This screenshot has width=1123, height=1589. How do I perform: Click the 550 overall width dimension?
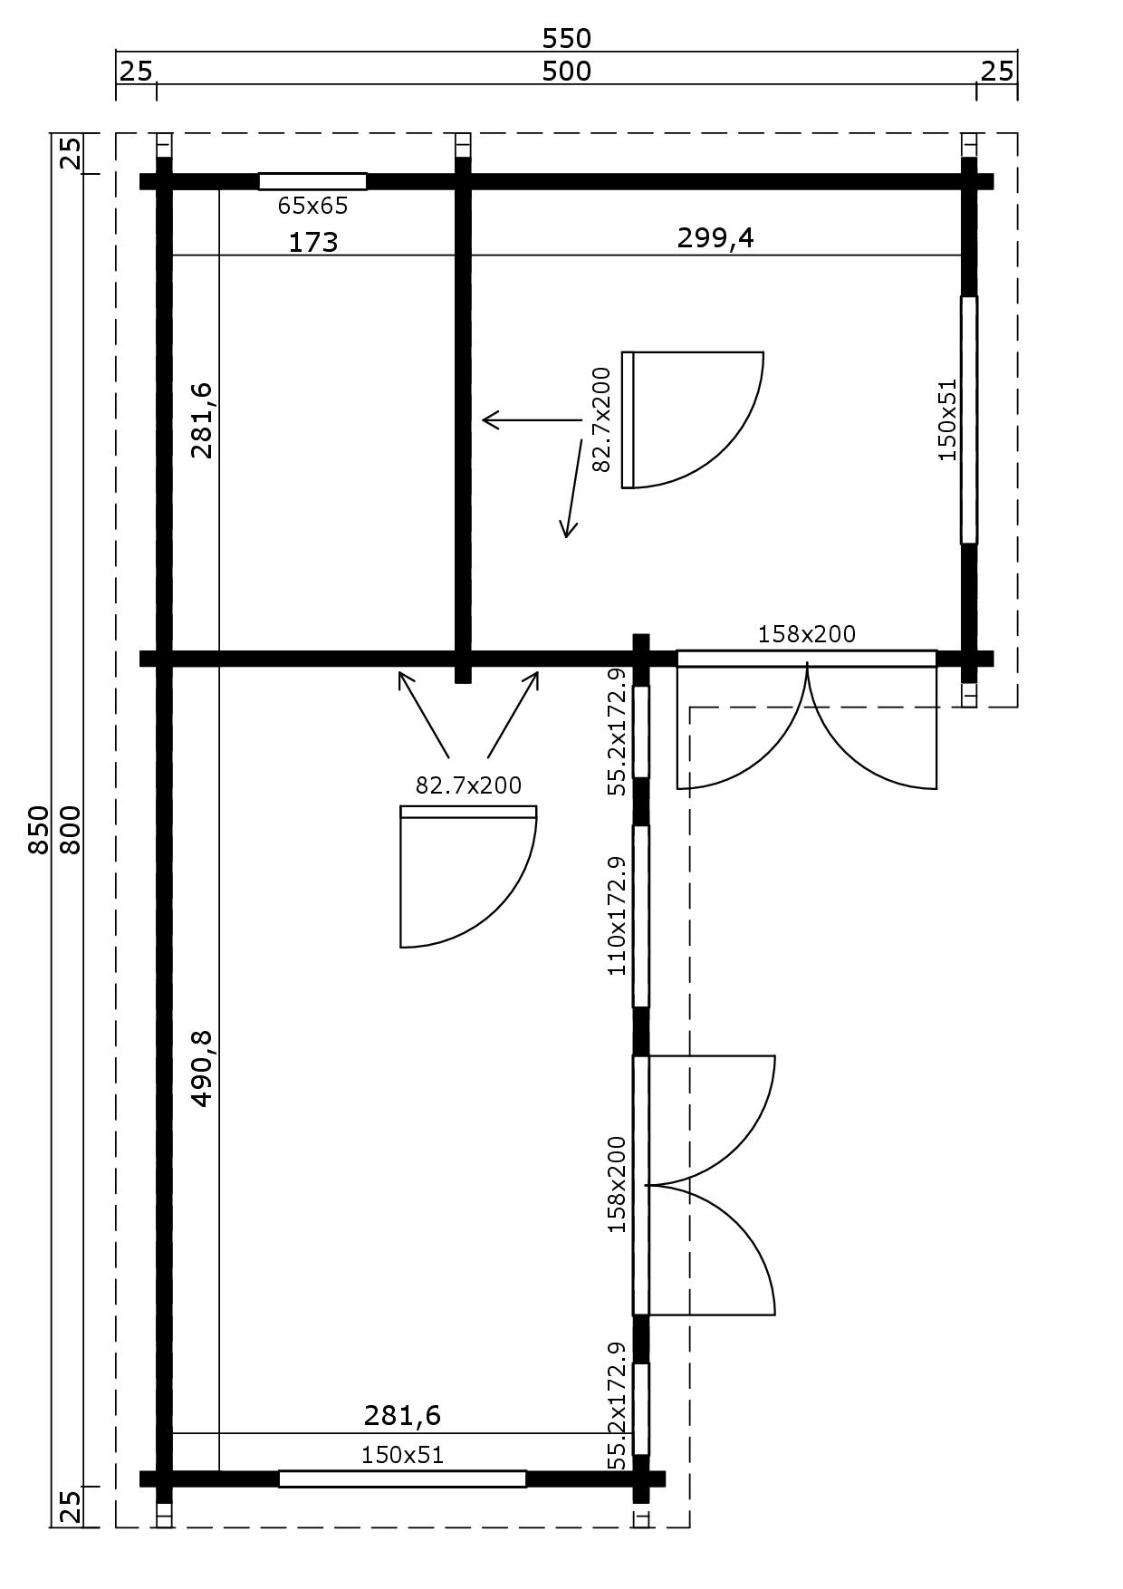[566, 38]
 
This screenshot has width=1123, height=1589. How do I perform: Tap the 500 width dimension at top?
[566, 71]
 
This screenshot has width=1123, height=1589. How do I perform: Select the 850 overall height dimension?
[38, 829]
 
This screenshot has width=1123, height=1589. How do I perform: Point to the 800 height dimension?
[71, 829]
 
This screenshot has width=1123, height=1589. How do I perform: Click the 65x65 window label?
[312, 206]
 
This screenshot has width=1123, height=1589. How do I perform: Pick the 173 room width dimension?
[313, 242]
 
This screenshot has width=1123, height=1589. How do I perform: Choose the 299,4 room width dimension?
[715, 237]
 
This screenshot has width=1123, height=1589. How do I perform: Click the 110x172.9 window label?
[617, 915]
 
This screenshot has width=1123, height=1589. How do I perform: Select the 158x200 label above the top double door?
[806, 634]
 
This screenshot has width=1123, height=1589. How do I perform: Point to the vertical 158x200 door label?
[617, 1183]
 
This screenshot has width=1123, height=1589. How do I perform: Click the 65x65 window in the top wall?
[312, 181]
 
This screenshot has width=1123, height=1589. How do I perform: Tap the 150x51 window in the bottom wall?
[402, 1478]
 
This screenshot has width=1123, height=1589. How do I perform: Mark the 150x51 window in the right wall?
[968, 419]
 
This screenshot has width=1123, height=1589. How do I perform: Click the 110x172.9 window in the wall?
[640, 915]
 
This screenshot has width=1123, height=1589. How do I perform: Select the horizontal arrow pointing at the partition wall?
[531, 419]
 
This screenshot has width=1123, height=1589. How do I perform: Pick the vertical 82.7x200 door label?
[601, 420]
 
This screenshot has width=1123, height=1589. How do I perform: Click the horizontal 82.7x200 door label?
[468, 785]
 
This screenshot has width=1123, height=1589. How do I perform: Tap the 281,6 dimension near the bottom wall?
[402, 1414]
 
